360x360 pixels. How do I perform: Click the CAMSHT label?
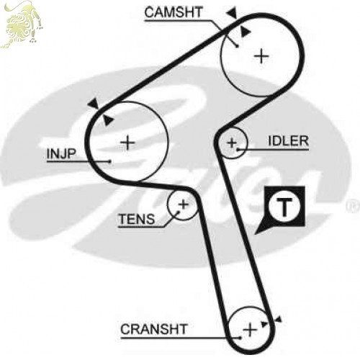[174, 12]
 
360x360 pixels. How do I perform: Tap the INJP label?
[61, 153]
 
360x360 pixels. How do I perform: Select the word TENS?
[137, 219]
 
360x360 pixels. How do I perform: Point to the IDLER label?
[288, 141]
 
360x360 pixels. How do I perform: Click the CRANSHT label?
[154, 329]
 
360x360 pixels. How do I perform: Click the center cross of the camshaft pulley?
[261, 56]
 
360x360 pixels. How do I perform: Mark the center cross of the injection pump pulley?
[127, 143]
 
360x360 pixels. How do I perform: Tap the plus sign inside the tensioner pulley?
[184, 204]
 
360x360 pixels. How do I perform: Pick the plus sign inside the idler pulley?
[232, 143]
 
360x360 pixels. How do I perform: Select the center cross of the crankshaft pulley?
[250, 330]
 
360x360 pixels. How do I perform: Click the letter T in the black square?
[284, 207]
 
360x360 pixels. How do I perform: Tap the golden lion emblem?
[22, 24]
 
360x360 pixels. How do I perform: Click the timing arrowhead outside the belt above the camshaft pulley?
[233, 12]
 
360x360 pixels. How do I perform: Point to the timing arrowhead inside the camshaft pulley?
[246, 32]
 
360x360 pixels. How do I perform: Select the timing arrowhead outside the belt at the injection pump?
[94, 104]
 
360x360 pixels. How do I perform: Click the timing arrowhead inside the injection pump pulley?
[107, 120]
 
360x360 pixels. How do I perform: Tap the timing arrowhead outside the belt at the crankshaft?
[278, 320]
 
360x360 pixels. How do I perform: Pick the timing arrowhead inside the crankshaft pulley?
[264, 324]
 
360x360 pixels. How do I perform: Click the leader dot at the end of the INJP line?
[110, 161]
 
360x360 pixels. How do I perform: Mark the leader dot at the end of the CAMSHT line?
[238, 46]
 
